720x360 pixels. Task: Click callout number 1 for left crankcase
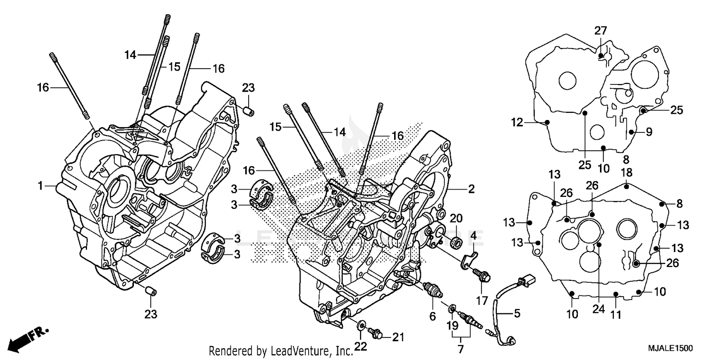point(41,185)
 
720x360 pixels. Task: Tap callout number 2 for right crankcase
point(471,189)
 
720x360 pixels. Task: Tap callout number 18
point(627,172)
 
